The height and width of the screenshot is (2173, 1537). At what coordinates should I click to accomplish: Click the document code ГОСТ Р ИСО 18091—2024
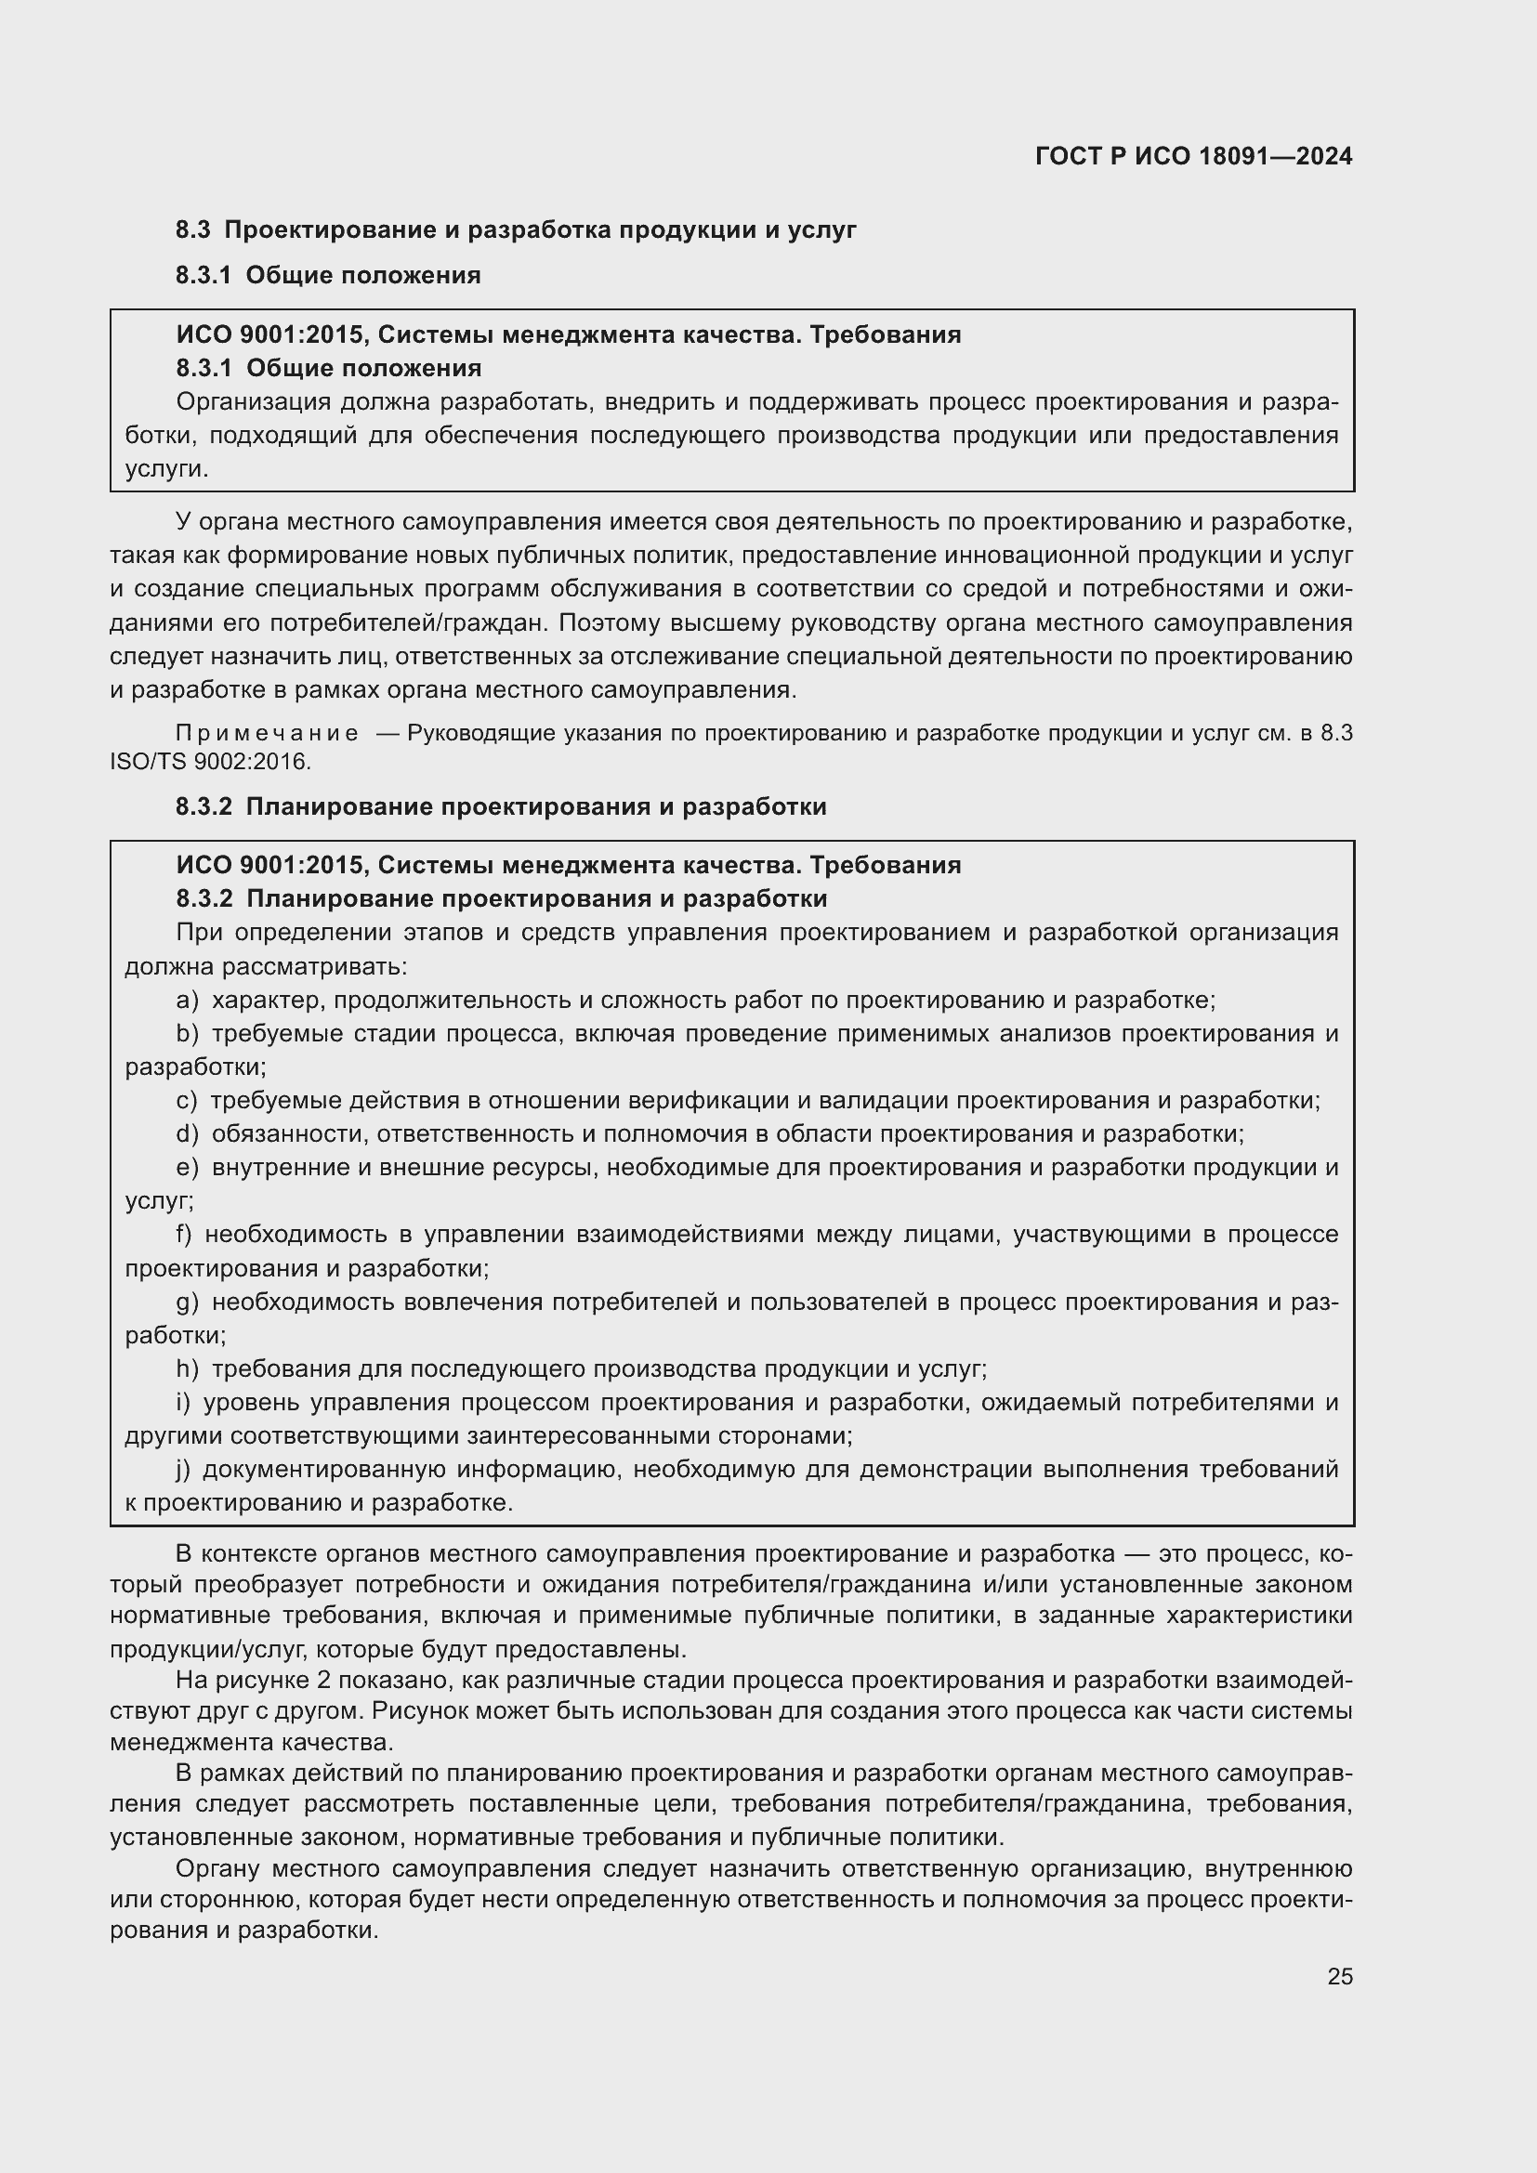1193,156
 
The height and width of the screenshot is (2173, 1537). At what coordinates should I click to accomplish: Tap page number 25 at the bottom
1339,1976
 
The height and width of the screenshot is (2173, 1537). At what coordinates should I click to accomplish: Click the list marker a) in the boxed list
188,1001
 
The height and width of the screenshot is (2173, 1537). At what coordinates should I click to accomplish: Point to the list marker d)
188,1133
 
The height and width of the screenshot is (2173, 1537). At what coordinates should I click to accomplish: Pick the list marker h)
188,1369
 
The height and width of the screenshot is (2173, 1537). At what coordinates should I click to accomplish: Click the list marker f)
184,1234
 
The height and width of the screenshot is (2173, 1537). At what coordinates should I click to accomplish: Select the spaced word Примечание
267,734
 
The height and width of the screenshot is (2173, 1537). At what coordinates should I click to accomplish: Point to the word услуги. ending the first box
166,469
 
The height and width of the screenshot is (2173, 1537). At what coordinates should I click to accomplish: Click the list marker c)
187,1101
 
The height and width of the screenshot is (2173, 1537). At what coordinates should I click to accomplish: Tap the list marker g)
188,1302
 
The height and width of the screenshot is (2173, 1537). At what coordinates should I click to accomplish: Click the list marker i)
184,1403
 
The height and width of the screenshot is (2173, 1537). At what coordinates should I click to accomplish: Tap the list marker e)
188,1168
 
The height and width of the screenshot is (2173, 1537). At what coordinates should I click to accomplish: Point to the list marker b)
188,1033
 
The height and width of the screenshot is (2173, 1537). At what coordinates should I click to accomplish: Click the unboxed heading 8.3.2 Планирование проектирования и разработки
501,806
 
